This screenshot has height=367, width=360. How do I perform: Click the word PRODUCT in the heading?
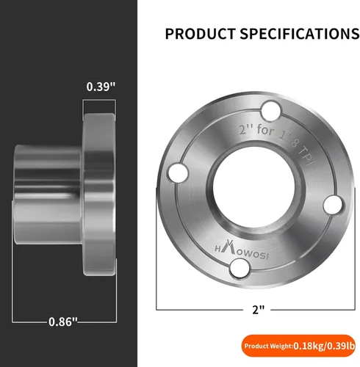point(200,34)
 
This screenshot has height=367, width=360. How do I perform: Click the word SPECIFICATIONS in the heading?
point(300,34)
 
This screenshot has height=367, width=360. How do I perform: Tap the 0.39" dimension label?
point(101,87)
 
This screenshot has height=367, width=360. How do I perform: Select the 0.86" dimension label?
point(63,321)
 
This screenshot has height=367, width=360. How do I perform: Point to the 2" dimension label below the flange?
point(259,310)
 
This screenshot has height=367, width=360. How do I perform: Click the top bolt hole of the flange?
point(270,112)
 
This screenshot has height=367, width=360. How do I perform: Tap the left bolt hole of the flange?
point(179,172)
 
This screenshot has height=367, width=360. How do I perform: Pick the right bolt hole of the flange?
point(333,205)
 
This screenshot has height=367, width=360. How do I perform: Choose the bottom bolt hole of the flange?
point(240,268)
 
